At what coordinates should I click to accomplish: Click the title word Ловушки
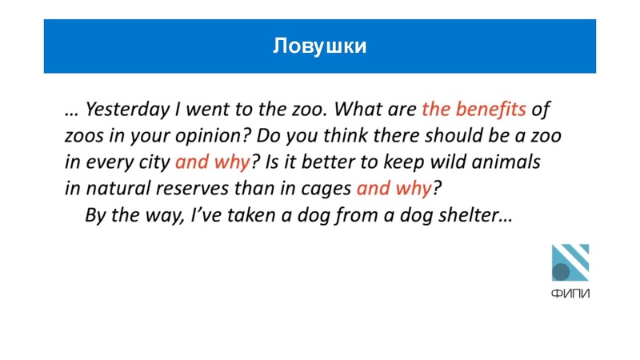(x=319, y=46)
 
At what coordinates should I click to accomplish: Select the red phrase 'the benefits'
(x=473, y=107)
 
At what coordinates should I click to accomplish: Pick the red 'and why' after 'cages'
(x=394, y=189)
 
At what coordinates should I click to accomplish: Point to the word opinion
(x=214, y=134)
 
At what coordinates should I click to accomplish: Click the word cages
(x=326, y=189)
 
